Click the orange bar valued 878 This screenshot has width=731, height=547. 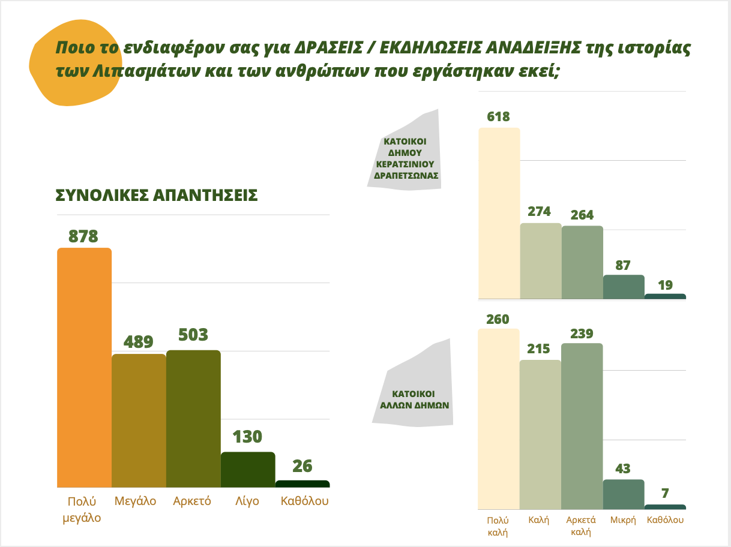click(x=84, y=367)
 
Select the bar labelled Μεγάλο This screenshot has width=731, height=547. click(x=139, y=420)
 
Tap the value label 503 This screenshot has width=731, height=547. click(x=193, y=335)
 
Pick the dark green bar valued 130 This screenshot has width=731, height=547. click(x=248, y=469)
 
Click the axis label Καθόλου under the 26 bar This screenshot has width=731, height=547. click(x=305, y=501)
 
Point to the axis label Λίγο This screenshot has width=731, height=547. click(x=247, y=501)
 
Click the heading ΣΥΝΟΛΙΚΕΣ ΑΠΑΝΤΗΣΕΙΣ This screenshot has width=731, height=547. click(x=157, y=196)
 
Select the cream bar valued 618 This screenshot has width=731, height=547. click(x=499, y=213)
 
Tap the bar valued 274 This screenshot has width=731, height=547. click(x=541, y=261)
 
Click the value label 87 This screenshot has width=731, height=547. click(x=624, y=265)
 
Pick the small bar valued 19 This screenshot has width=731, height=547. click(x=665, y=296)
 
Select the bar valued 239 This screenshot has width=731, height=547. click(x=582, y=426)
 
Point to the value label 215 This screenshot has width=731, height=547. click(x=538, y=349)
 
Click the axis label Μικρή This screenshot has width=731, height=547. click(x=623, y=521)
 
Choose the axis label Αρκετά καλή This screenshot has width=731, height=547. click(x=582, y=526)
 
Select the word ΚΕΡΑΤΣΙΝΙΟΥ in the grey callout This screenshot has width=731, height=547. click(x=405, y=164)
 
